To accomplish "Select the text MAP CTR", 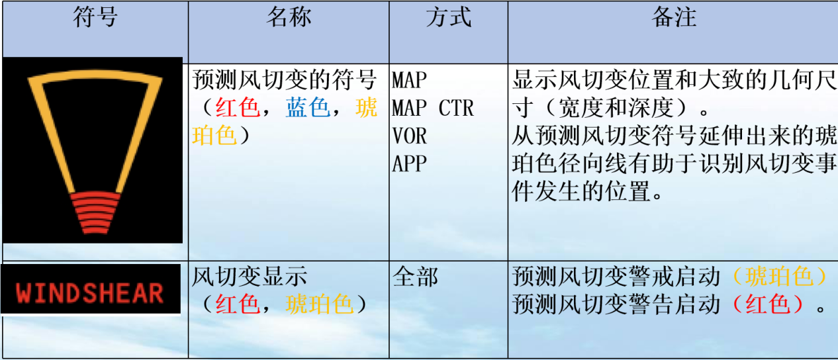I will pos(433,108).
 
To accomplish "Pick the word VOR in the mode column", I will pos(409,136).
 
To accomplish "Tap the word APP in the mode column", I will pos(409,163).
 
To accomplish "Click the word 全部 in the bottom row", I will pos(415,277).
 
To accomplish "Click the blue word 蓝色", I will pos(308,108).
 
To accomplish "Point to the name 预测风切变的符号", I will pos(289,80).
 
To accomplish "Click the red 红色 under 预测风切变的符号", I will pos(237,108).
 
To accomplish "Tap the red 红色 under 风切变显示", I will pos(237,304).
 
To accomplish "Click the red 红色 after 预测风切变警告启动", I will pos(768,304).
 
